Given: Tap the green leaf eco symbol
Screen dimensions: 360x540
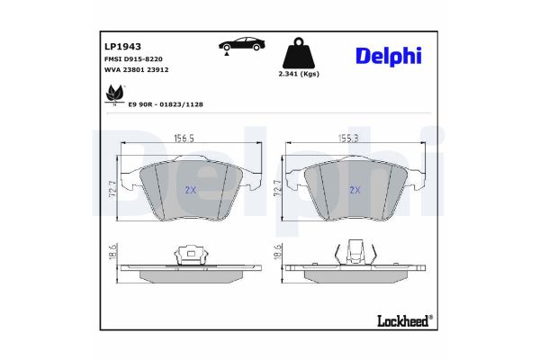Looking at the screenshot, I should pyautogui.click(x=115, y=92).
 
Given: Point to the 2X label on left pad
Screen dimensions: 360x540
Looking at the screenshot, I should pyautogui.click(x=190, y=190).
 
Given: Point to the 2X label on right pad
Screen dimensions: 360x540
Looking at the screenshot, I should pyautogui.click(x=355, y=190).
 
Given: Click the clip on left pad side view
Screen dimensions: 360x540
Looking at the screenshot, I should pyautogui.click(x=190, y=256).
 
